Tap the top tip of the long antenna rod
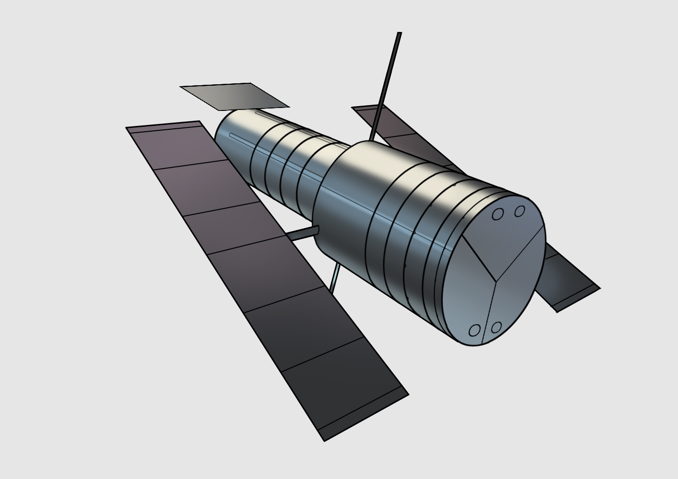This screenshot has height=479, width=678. tap(399, 34)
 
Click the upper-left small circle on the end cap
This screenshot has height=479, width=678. tap(497, 214)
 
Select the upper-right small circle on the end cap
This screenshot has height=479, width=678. tap(520, 211)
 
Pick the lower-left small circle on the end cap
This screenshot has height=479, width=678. tap(475, 330)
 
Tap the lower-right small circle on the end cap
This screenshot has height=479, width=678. tap(495, 327)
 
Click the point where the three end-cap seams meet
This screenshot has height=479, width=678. tap(496, 280)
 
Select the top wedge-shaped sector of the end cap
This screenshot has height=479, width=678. tap(504, 237)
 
